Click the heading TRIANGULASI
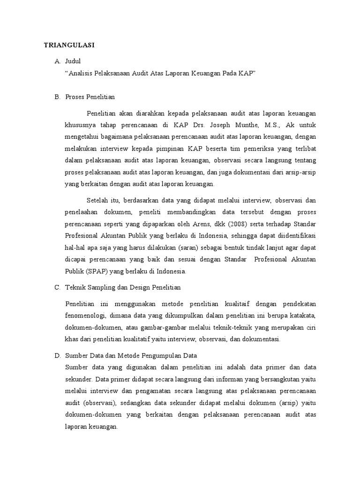point(69,45)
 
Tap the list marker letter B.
point(58,97)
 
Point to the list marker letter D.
point(58,356)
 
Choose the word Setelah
point(97,201)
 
